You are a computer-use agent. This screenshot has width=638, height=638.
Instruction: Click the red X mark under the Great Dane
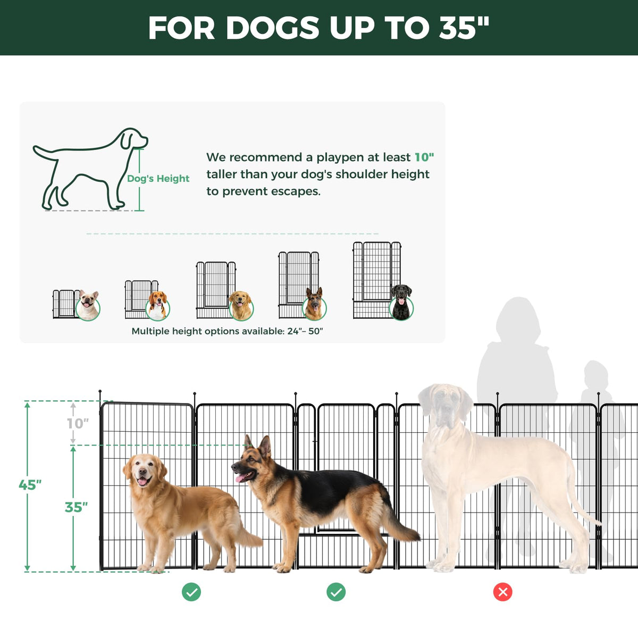(x=502, y=592)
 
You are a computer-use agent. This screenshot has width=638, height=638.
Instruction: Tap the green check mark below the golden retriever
(x=191, y=592)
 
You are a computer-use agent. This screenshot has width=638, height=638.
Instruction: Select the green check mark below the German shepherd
(x=336, y=592)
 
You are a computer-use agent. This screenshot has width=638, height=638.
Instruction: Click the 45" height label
(x=30, y=485)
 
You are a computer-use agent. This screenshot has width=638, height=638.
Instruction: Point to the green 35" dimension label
(x=76, y=507)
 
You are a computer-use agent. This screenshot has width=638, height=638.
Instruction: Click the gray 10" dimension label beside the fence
(x=78, y=423)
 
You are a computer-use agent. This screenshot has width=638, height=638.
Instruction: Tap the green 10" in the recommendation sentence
(x=424, y=157)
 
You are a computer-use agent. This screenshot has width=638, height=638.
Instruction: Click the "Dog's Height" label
(x=158, y=179)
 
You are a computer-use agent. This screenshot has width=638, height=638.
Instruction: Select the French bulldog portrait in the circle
(x=88, y=305)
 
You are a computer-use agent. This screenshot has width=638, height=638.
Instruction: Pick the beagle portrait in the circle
(x=157, y=306)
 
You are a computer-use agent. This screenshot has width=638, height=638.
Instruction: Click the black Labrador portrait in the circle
(x=401, y=303)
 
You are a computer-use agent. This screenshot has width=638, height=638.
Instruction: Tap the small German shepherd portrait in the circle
(x=314, y=304)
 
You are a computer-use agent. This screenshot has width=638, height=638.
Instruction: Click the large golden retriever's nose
(x=142, y=471)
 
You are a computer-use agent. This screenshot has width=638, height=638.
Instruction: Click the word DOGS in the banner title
(x=273, y=28)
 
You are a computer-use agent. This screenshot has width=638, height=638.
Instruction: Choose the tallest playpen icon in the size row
(x=377, y=280)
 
